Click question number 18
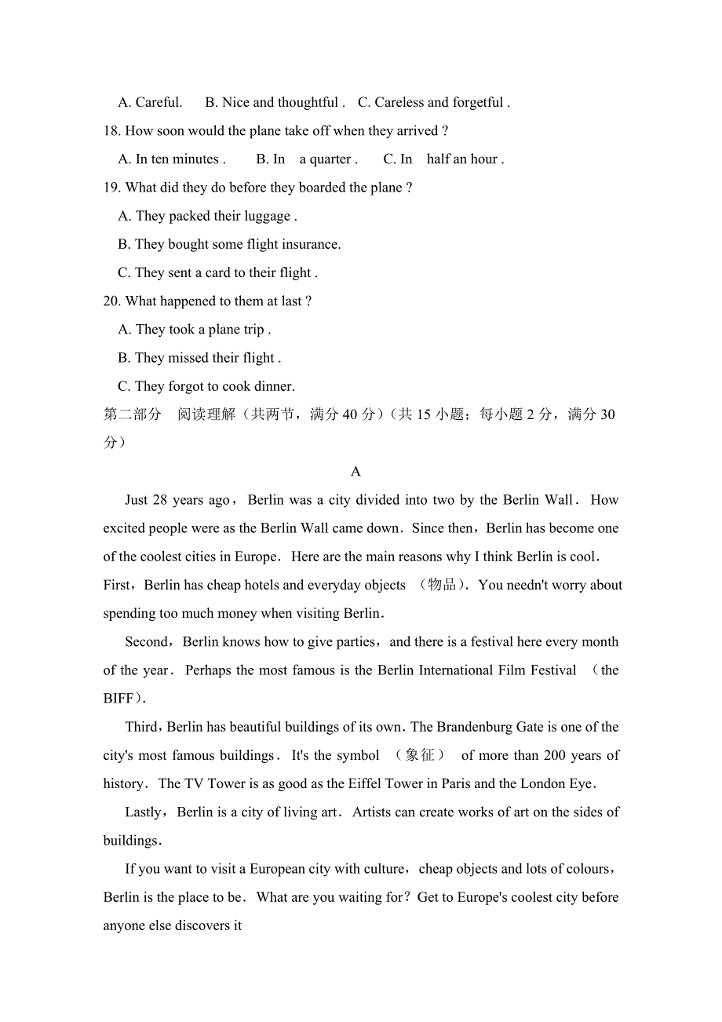(111, 131)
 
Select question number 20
(111, 301)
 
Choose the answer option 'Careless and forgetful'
(434, 103)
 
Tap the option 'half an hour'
(462, 159)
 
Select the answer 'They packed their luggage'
(207, 216)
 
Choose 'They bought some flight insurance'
(229, 244)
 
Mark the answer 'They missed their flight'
(199, 358)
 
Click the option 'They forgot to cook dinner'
(206, 386)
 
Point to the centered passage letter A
(356, 472)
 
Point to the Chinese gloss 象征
(420, 755)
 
